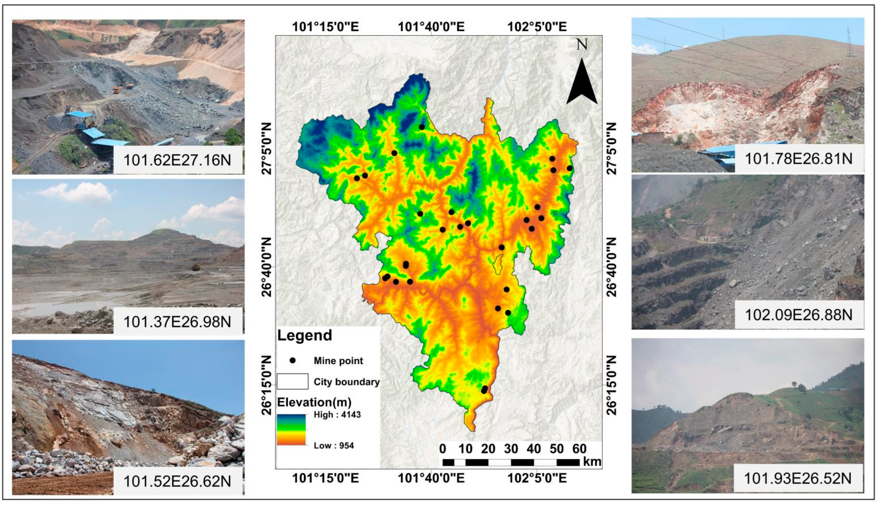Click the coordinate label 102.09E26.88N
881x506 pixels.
799,315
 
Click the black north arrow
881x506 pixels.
582,83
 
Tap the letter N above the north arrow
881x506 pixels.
582,45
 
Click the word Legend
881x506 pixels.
304,335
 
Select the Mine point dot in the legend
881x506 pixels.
293,361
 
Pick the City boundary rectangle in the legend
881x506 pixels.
292,381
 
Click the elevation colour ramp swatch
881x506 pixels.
291,430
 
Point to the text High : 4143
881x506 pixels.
337,414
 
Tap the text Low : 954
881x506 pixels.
334,445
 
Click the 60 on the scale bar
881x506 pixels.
579,449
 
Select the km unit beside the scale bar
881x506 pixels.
592,461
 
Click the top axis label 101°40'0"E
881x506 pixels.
431,27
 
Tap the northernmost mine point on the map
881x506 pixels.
422,127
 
